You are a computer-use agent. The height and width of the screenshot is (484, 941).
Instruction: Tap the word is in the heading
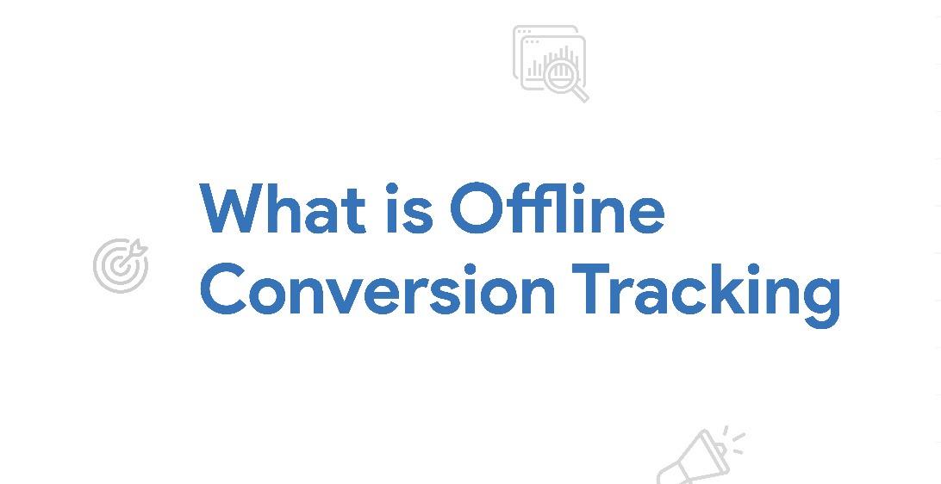coord(408,209)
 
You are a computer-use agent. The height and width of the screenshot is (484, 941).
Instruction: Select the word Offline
coord(557,209)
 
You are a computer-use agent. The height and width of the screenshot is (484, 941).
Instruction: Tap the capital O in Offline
coord(476,209)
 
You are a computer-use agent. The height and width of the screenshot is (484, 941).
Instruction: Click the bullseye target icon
coord(120,266)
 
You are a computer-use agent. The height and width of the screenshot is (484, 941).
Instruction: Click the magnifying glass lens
coord(561,75)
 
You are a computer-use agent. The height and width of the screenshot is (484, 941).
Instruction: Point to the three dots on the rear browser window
coord(524,31)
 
